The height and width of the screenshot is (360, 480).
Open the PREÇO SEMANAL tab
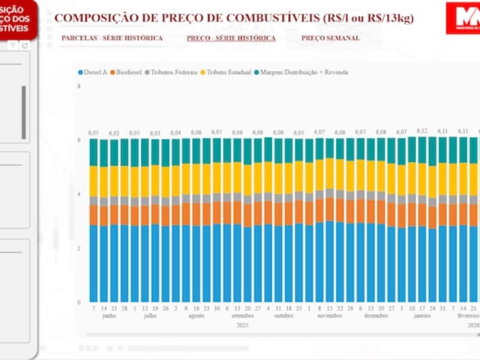click(330, 38)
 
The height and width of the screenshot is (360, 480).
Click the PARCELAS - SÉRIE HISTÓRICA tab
click(112, 38)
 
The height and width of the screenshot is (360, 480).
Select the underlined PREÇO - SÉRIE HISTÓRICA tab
click(231, 38)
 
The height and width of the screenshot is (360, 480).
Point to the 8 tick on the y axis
click(79, 86)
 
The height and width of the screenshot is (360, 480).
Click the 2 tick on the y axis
click(79, 248)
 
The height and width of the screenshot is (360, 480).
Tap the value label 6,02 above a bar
click(114, 133)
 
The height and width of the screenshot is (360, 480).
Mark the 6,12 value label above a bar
click(422, 131)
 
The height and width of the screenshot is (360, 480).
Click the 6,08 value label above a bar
click(381, 132)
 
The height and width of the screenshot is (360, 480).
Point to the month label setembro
click(242, 316)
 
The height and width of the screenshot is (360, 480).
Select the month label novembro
click(330, 316)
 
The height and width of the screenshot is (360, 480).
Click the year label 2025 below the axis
click(242, 325)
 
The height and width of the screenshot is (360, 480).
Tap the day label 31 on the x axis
click(442, 309)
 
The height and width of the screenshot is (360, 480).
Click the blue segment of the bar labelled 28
click(124, 264)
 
